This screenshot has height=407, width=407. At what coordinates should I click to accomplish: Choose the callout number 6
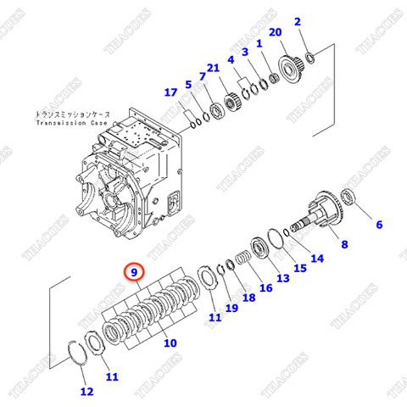coord(379,225)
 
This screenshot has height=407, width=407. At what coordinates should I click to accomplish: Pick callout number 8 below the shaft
coord(344,245)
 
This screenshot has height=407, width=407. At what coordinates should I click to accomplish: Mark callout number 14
coord(317,259)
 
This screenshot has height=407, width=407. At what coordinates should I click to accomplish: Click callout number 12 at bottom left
coord(86,391)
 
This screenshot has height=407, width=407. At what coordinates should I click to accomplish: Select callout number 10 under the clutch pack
coord(170,343)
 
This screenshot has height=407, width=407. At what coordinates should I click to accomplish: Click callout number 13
coord(282,278)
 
